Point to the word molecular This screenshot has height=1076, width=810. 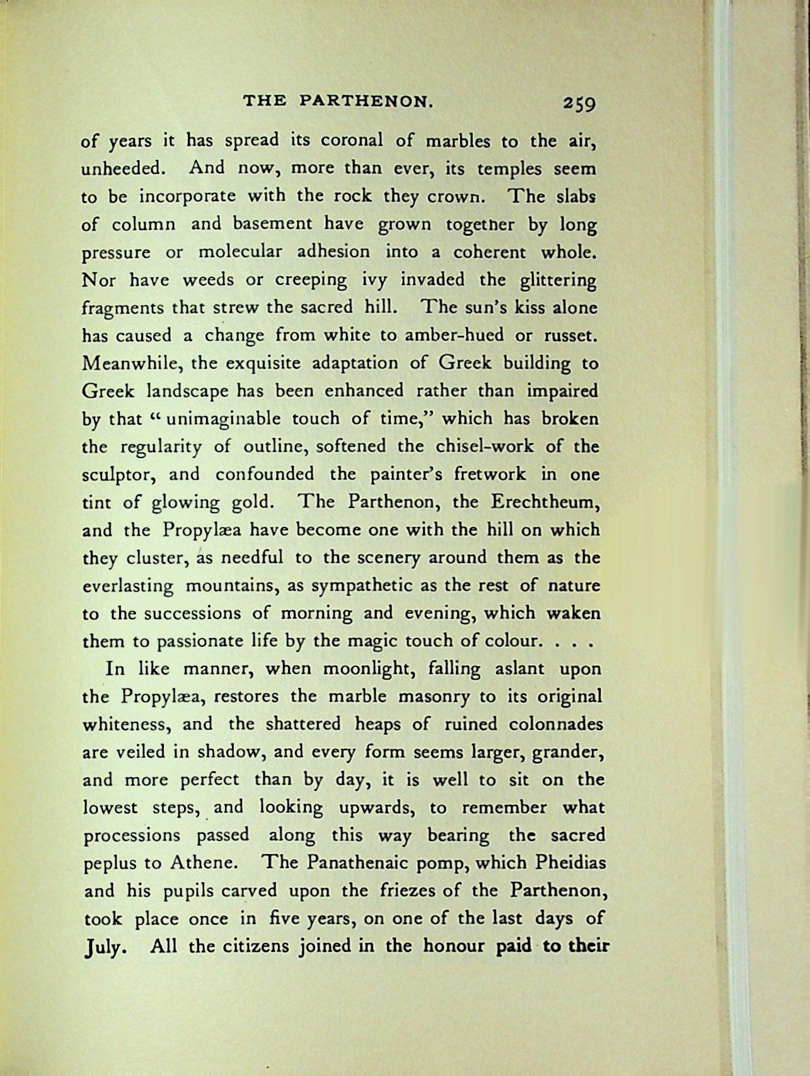(x=238, y=252)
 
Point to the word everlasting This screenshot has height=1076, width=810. (x=129, y=586)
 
